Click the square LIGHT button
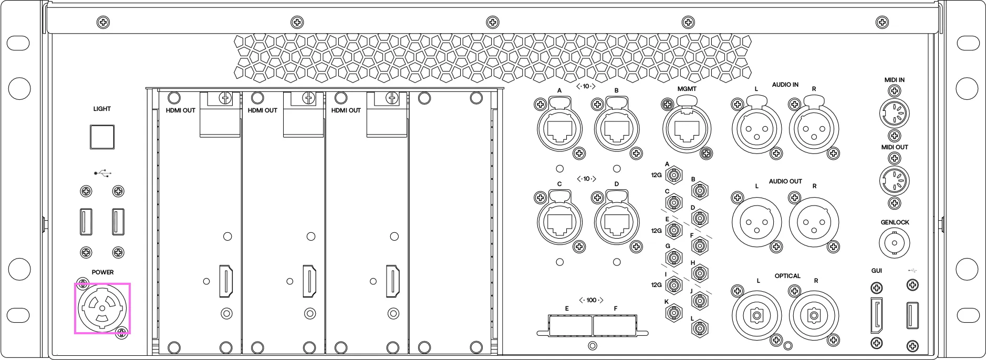(102, 137)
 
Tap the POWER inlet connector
(102, 308)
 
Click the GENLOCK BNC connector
(894, 243)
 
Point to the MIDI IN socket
(894, 113)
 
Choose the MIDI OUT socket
(894, 180)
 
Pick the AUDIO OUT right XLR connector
(814, 222)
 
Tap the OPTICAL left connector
(756, 316)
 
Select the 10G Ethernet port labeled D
(617, 222)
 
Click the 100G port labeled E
(569, 325)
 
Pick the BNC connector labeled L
(700, 329)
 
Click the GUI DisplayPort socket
(876, 316)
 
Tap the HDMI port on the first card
(226, 280)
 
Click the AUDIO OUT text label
(785, 181)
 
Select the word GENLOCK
(895, 222)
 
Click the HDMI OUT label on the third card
(346, 110)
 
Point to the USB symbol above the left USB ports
(102, 172)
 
